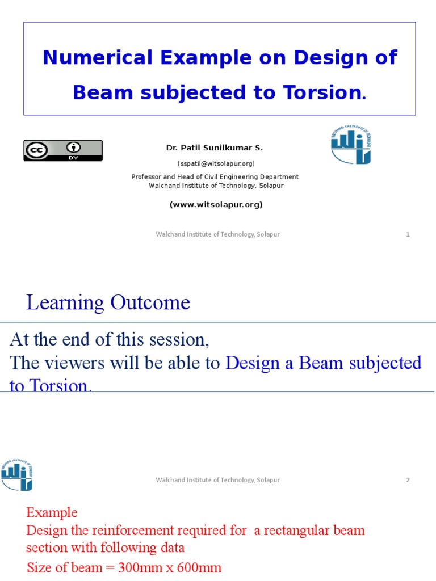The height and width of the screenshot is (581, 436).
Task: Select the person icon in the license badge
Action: tap(73, 148)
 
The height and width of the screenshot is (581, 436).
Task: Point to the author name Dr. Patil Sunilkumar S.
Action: tap(215, 148)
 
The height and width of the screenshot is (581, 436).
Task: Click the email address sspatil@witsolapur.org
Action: tap(216, 163)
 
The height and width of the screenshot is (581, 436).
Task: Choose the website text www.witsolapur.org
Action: tap(216, 205)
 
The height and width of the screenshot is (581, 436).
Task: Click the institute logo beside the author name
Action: tap(351, 145)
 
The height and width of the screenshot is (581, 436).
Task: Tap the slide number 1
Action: tap(408, 234)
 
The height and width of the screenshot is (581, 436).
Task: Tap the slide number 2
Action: tap(408, 480)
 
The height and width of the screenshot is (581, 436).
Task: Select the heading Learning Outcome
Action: tap(108, 303)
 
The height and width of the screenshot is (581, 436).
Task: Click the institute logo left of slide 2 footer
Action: tap(17, 475)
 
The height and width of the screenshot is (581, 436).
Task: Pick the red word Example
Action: tap(52, 513)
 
